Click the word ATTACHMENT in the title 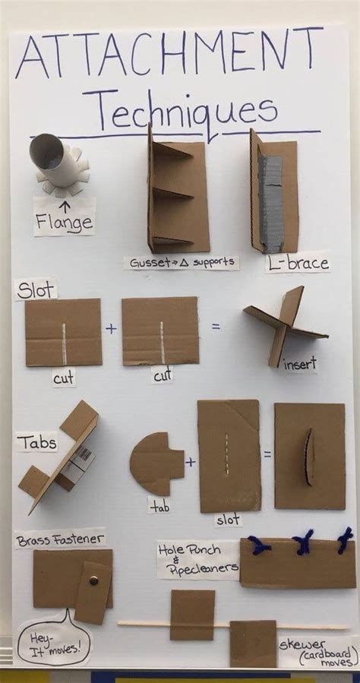pyautogui.click(x=170, y=56)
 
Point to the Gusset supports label pyautogui.click(x=182, y=263)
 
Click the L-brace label pyautogui.click(x=297, y=263)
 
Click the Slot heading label pyautogui.click(x=35, y=289)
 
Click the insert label pyautogui.click(x=301, y=365)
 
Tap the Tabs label pyautogui.click(x=36, y=441)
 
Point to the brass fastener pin pyautogui.click(x=93, y=580)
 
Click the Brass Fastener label pyautogui.click(x=59, y=540)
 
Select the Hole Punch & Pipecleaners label pyautogui.click(x=197, y=559)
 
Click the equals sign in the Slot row pyautogui.click(x=216, y=327)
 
